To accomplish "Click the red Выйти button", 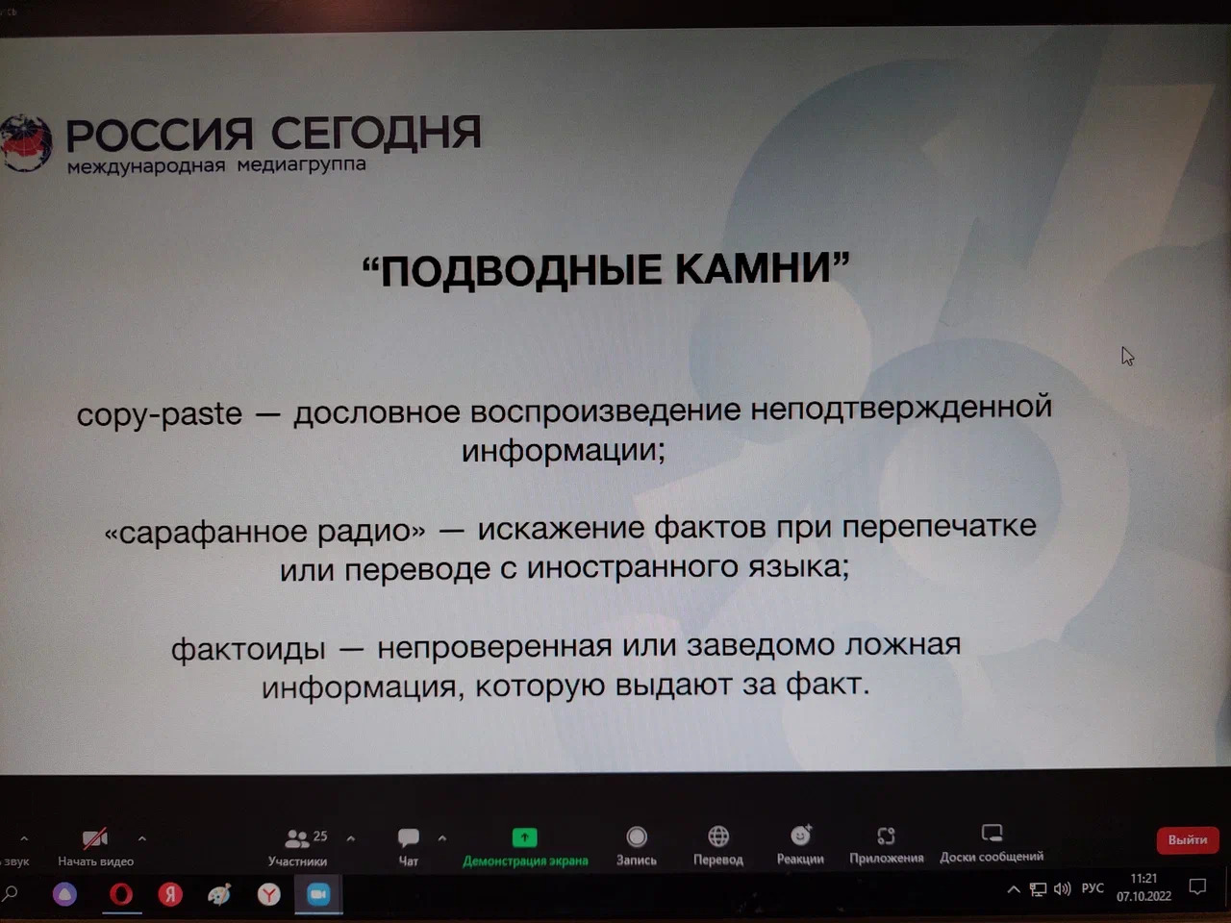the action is pos(1188,839).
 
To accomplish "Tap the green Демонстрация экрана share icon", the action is pos(524,837).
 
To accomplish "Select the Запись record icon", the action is pos(637,836).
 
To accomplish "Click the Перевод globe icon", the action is pos(718,836).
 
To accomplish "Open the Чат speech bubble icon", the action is pos(409,837).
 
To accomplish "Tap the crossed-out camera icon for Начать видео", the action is pos(95,837).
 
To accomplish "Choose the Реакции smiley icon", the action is pos(801,835).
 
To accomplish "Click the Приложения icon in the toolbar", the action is pos(886,836).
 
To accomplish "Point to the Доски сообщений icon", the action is pos(992,833).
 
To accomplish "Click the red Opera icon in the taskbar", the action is pos(121,894).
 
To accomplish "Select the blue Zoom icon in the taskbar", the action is pos(318,894).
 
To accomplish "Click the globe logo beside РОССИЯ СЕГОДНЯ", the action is pos(26,143).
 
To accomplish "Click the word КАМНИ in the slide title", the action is pos(754,268).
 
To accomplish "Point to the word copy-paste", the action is pos(160,414).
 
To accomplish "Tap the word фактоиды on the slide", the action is pos(248,650).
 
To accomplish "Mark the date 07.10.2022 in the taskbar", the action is pos(1143,896).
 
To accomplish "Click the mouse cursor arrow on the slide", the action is pos(1127,356).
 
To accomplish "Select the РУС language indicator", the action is pos(1093,888).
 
